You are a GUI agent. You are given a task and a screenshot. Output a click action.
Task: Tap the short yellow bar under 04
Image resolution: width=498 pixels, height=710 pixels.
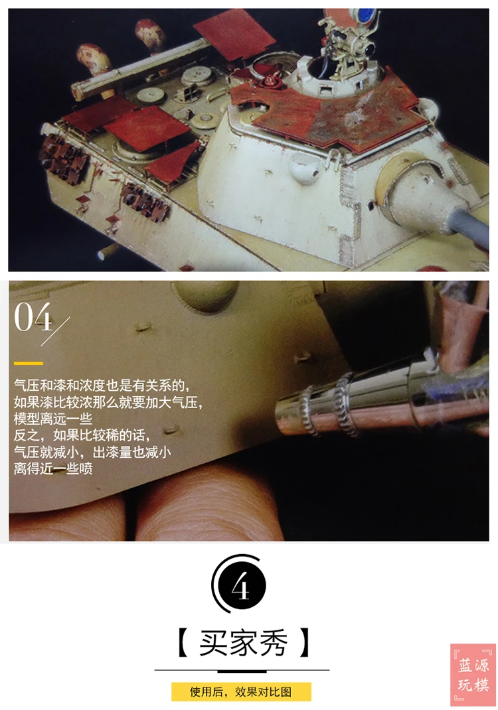28,363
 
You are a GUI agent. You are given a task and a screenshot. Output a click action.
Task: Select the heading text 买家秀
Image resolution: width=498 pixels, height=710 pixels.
243,642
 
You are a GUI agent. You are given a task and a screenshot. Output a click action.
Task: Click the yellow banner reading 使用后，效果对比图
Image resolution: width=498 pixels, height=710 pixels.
241,691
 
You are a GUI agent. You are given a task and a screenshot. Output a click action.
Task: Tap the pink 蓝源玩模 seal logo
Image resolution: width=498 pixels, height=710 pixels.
473,675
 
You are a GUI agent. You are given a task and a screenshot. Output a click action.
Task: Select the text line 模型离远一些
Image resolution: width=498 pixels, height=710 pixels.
53,419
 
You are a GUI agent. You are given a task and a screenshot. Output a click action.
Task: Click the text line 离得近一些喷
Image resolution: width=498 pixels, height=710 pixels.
53,468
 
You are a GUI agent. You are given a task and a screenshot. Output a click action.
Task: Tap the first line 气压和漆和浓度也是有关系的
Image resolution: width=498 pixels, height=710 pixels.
102,386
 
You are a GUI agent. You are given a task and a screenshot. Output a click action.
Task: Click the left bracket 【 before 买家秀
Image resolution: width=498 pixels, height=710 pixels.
183,642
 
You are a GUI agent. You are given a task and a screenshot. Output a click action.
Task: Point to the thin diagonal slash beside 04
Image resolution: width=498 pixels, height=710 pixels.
55,332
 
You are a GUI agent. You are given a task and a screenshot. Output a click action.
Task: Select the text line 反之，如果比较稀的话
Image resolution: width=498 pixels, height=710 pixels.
82,435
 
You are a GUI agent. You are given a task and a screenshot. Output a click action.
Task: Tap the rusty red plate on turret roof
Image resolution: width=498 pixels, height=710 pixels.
345,113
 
